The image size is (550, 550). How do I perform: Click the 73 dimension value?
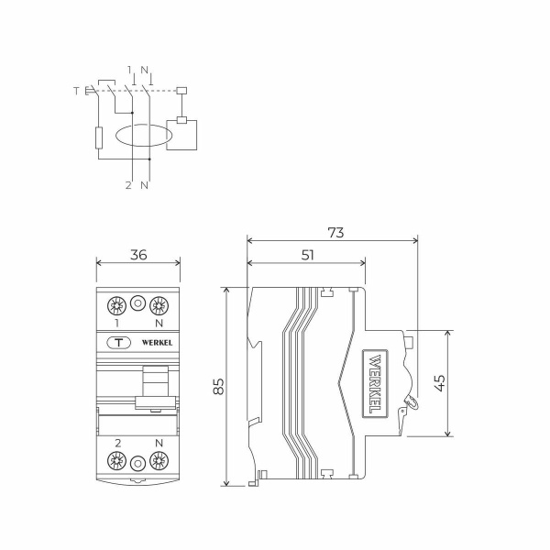(x=335, y=233)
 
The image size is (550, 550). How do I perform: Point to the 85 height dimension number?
(x=218, y=386)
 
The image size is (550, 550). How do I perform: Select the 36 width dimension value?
(x=138, y=255)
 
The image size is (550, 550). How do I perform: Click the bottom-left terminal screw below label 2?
(x=117, y=463)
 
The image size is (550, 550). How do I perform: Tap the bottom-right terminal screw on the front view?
(x=159, y=463)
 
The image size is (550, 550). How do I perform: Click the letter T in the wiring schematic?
(x=76, y=91)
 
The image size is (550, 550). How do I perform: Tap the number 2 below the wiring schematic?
(x=129, y=186)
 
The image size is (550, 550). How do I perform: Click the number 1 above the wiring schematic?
(x=131, y=70)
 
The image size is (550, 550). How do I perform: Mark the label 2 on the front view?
(x=117, y=444)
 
